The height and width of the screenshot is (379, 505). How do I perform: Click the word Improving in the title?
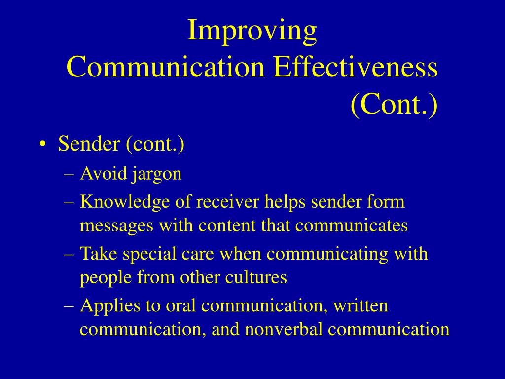click(252, 31)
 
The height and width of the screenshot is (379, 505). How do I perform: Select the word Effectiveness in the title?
click(355, 67)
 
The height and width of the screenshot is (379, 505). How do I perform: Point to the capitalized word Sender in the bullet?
click(89, 144)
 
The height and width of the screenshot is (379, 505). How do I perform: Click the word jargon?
click(156, 175)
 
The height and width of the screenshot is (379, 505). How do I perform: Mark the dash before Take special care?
click(69, 255)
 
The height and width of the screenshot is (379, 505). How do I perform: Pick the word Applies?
click(110, 306)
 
